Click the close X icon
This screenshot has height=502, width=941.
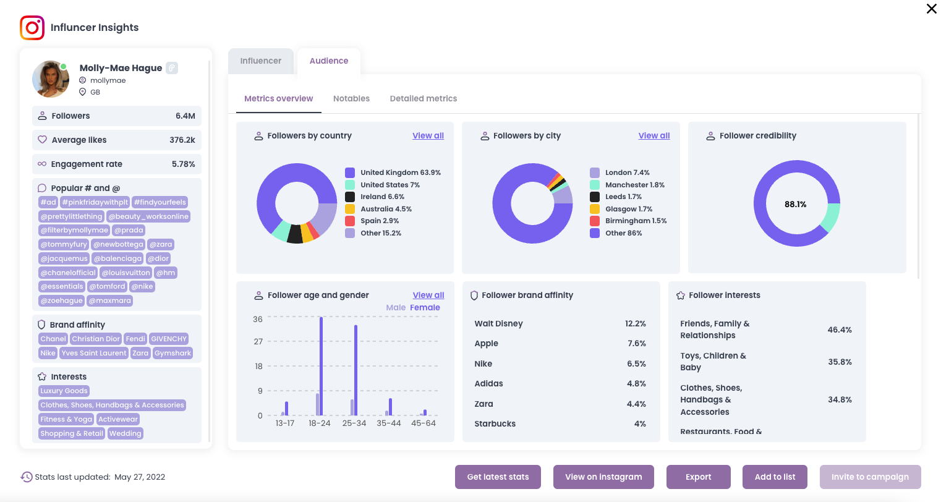(931, 9)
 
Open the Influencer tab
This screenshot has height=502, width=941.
(260, 61)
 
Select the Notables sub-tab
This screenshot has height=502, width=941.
(351, 98)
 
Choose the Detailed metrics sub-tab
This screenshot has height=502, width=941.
(424, 98)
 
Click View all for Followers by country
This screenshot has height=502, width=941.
(428, 135)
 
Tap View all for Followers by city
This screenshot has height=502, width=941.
(654, 135)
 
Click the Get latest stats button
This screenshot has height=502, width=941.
(498, 477)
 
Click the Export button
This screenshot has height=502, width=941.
(698, 477)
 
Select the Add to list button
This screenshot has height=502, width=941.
(775, 477)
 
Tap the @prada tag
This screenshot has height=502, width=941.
(129, 230)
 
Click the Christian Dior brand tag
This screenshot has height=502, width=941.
(96, 339)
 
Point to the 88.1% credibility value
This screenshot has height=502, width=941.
(795, 204)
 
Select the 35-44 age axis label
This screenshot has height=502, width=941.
(389, 423)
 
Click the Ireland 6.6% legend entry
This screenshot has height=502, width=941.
(382, 197)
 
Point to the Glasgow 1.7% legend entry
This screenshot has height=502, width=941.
(628, 209)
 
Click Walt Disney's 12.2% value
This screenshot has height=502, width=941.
(635, 324)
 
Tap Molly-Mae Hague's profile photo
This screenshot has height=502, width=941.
(50, 79)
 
